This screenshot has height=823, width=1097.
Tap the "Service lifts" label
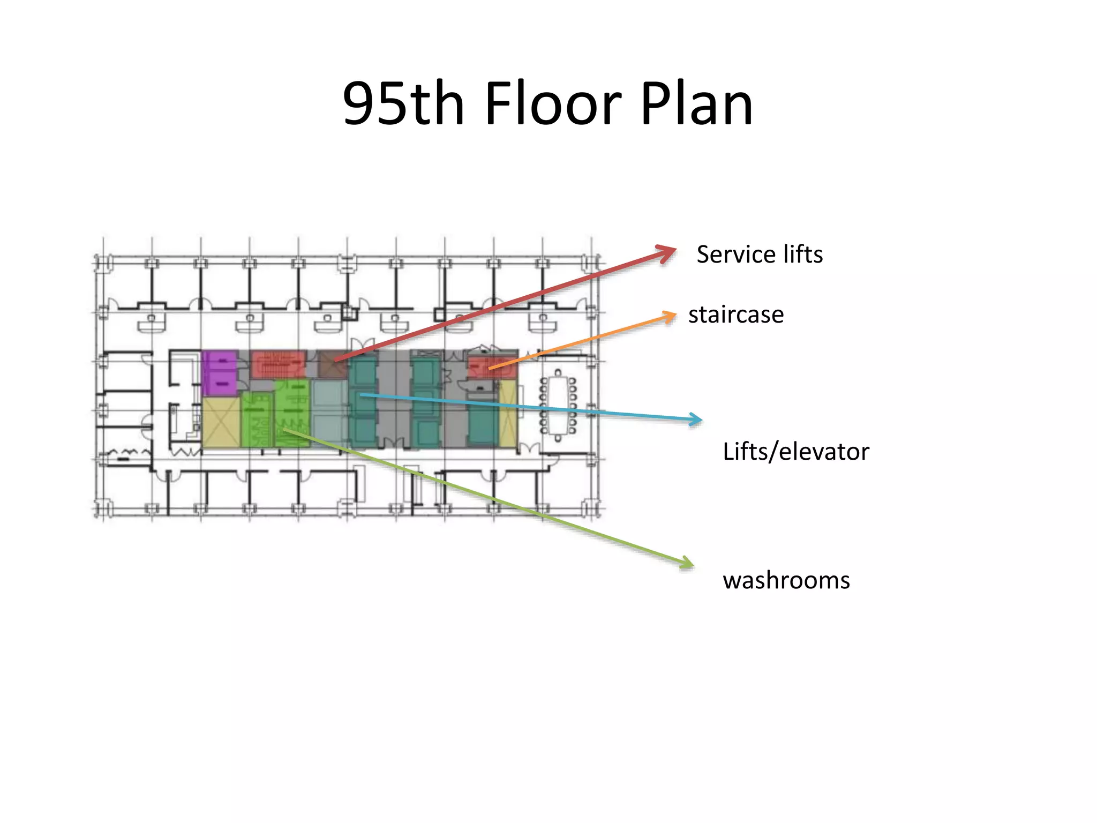(760, 254)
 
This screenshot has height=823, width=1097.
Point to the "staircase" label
(736, 315)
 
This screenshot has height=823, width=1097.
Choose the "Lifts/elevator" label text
(796, 451)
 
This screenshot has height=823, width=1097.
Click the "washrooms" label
(786, 580)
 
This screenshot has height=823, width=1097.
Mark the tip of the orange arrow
(676, 315)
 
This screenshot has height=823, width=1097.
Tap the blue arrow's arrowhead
(702, 420)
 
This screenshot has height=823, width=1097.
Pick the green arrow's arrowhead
(694, 566)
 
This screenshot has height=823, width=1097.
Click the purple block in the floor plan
(220, 373)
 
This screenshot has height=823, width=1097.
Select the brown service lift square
(332, 364)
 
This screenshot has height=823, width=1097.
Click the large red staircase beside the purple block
(279, 363)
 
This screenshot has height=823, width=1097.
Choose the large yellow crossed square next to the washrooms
(221, 422)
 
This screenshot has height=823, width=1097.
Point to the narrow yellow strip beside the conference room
(508, 413)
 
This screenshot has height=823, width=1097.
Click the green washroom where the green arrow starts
(292, 413)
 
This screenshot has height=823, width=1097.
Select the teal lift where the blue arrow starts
(363, 401)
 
